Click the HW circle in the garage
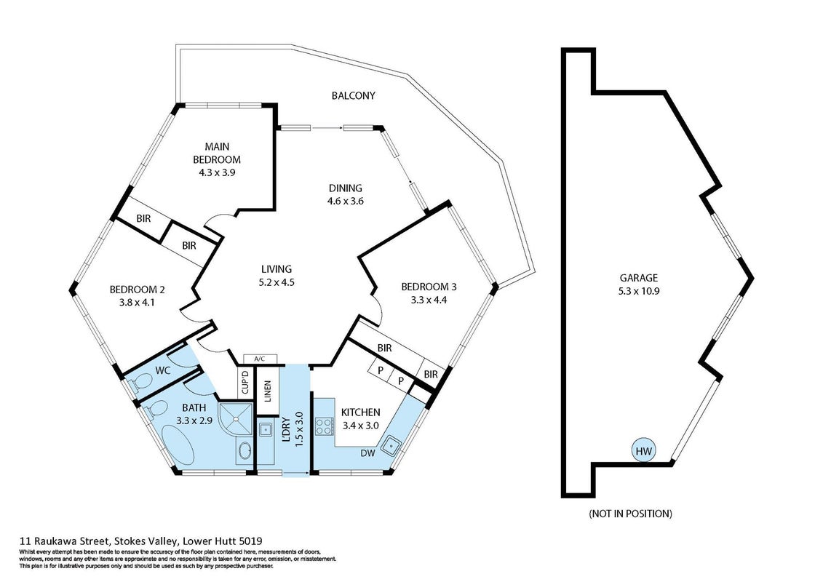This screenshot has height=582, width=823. [x=643, y=451]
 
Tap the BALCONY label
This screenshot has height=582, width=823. [x=353, y=95]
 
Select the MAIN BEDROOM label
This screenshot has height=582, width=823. [x=217, y=153]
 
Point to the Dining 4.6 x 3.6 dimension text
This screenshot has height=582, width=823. [x=346, y=201]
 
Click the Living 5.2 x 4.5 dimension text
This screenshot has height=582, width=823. [x=276, y=282]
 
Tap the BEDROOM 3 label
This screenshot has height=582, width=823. [x=429, y=287]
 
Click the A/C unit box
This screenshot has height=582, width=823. [x=259, y=359]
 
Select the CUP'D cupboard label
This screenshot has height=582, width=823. [x=245, y=383]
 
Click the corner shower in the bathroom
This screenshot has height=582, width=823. [x=236, y=419]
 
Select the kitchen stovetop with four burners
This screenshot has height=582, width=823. [x=323, y=426]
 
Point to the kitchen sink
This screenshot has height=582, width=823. [x=391, y=445]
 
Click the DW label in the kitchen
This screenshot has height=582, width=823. [x=368, y=453]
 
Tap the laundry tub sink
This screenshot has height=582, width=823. [x=264, y=429]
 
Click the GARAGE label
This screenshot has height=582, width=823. [x=638, y=278]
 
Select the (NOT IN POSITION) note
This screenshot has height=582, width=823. [x=630, y=514]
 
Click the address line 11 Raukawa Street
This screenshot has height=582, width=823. [x=141, y=541]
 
